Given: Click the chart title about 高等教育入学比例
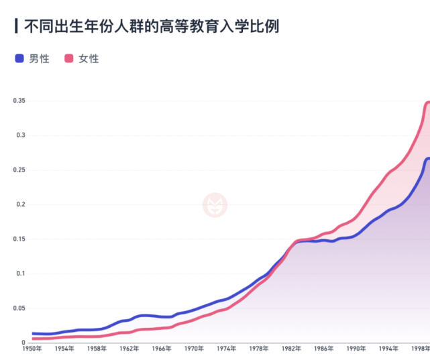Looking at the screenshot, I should click(x=152, y=27).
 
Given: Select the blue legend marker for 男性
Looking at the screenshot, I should click(x=19, y=58).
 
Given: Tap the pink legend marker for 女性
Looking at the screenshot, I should click(x=68, y=58).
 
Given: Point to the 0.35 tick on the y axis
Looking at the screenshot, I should click(x=19, y=101).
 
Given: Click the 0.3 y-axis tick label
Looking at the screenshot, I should click(x=21, y=135).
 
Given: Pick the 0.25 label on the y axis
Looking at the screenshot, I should click(x=19, y=170).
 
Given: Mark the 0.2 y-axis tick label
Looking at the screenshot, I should click(x=21, y=204).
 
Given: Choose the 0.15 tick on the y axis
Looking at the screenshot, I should click(x=19, y=239).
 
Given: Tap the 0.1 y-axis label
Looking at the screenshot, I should click(x=21, y=274).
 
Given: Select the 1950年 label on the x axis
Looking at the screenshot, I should click(x=32, y=349).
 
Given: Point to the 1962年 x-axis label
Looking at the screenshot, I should click(x=129, y=349).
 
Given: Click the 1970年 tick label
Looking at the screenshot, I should click(x=195, y=349).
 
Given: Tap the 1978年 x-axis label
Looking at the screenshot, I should click(x=259, y=349).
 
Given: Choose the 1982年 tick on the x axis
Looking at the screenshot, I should click(x=291, y=349).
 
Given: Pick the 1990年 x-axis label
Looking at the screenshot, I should click(x=356, y=349).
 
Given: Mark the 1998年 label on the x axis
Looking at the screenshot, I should click(x=421, y=349).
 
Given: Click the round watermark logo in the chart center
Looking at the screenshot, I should click(x=215, y=204).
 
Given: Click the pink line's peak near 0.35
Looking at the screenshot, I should click(x=428, y=103).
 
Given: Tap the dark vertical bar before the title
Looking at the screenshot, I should click(x=16, y=27).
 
